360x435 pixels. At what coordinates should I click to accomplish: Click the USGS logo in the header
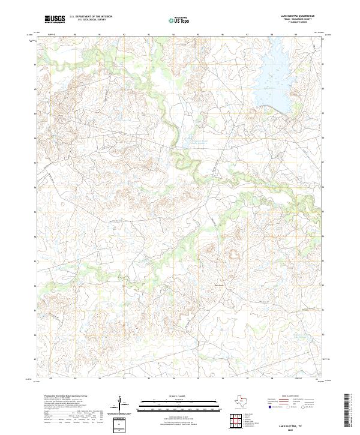[x=55, y=19]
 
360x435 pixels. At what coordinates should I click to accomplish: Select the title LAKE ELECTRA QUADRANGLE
[x=296, y=16]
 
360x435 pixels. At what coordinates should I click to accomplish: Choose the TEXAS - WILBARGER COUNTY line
[x=296, y=20]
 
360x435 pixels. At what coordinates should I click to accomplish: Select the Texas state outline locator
[x=243, y=400]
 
